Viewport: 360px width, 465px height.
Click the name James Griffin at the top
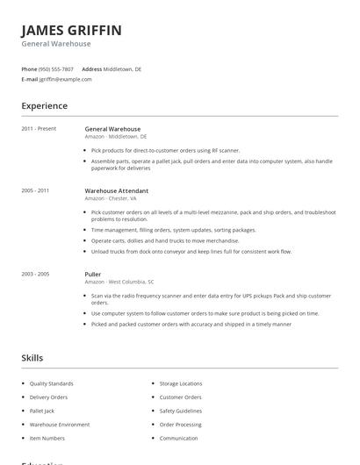[72, 31]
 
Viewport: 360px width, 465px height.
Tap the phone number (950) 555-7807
[57, 68]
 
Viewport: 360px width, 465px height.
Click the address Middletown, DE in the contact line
[122, 68]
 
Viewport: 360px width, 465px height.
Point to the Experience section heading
[45, 106]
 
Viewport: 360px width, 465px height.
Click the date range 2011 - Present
[39, 129]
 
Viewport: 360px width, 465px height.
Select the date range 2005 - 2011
[35, 190]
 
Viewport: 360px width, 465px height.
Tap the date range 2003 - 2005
[35, 274]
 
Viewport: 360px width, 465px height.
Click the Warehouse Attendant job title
[117, 190]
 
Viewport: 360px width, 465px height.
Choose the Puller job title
[93, 274]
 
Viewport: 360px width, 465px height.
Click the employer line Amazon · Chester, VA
[112, 198]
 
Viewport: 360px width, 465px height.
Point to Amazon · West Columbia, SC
[119, 282]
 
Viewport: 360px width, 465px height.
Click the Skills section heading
[32, 358]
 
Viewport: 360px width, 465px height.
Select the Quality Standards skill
[52, 383]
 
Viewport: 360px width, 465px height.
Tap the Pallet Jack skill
[42, 411]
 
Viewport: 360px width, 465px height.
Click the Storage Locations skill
[181, 383]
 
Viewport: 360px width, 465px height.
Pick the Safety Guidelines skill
[181, 411]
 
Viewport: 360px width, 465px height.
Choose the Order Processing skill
[180, 425]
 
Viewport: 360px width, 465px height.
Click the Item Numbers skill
[47, 438]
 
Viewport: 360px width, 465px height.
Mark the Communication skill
[178, 438]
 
